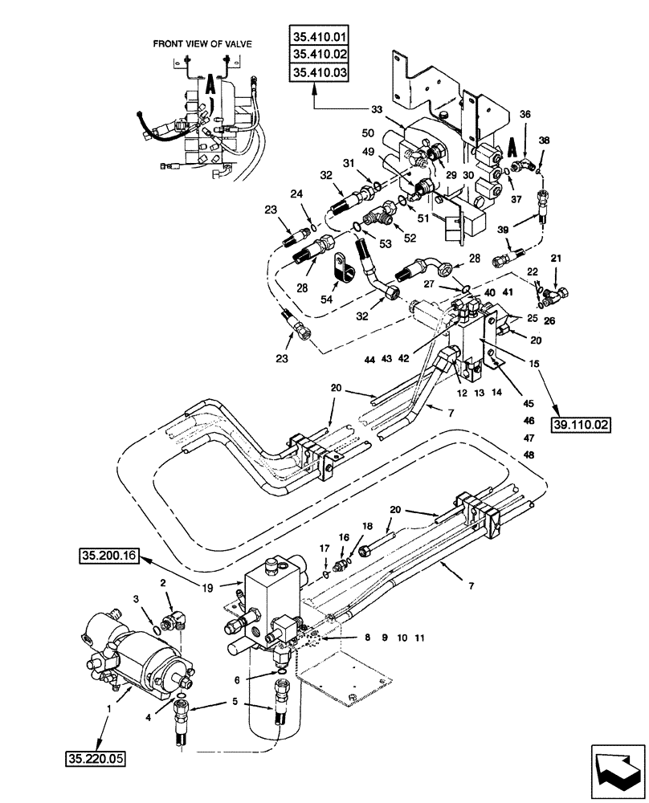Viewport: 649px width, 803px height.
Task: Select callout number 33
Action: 375,111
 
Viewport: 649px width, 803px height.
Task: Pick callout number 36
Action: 525,115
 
